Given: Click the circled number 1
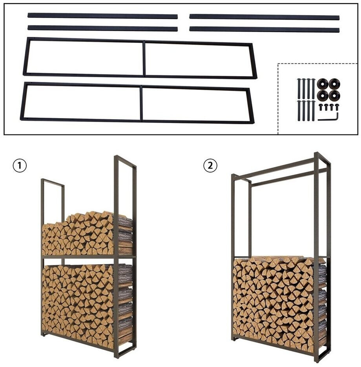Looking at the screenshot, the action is [x=20, y=166].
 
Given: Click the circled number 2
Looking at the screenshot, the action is [x=210, y=166].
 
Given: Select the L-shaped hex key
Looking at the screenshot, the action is [x=328, y=118].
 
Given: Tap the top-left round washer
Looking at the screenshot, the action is [x=322, y=84].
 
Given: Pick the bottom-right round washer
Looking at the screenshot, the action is [x=334, y=95].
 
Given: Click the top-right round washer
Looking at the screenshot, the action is [x=334, y=84].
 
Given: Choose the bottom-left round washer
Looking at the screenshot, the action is [x=322, y=95].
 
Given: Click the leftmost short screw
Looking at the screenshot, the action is [x=321, y=107].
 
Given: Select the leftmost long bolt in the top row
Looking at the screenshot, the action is [x=299, y=89].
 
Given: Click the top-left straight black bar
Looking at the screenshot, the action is [x=102, y=16].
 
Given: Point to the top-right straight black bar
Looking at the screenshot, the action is [x=264, y=17].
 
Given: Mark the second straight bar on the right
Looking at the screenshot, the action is [x=264, y=29].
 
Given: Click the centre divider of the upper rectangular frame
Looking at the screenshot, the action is [x=144, y=58].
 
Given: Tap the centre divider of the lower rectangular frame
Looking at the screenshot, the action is [x=141, y=103].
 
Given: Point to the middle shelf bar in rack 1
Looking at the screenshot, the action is [x=89, y=257].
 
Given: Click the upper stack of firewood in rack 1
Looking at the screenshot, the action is [x=87, y=234].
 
